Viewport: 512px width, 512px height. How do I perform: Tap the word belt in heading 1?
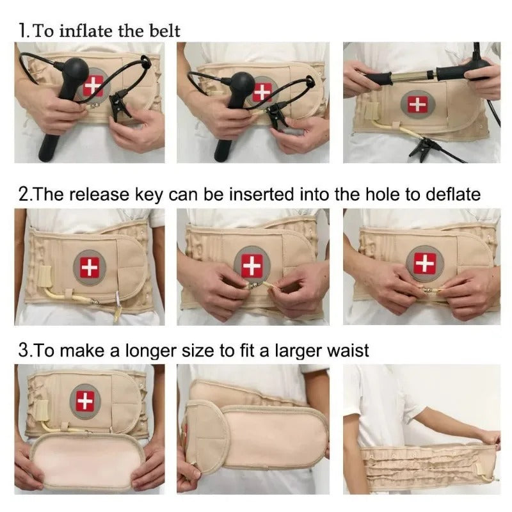click(x=164, y=31)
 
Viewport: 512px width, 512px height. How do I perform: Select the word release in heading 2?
click(x=99, y=195)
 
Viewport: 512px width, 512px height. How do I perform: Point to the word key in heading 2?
click(x=148, y=195)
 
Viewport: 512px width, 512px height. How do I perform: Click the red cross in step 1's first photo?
click(x=93, y=86)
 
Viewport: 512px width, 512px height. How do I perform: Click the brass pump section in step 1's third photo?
click(x=412, y=77)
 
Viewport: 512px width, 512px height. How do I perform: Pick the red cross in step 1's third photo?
click(x=417, y=105)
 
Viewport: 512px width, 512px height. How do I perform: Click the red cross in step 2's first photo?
click(x=90, y=267)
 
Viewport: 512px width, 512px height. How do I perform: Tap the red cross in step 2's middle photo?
click(x=252, y=265)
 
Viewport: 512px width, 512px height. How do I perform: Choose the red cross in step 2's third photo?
click(x=425, y=263)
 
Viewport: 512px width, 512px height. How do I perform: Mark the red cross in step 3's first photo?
click(x=85, y=401)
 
